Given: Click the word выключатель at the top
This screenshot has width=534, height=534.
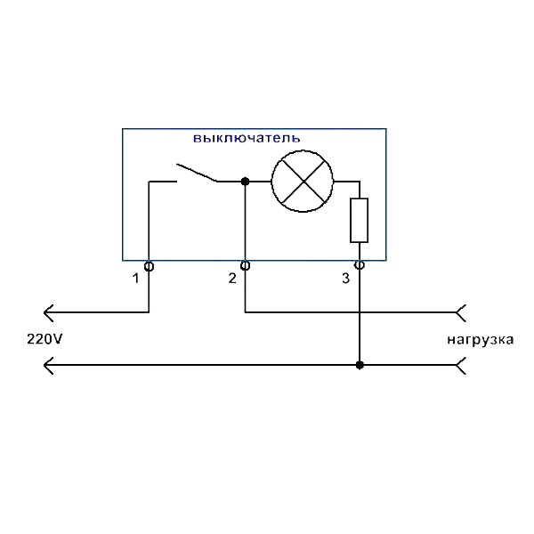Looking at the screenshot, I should click(247, 139).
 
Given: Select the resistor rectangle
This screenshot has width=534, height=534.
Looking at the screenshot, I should click(360, 221).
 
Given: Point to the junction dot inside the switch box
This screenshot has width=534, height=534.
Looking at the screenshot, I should click(246, 182).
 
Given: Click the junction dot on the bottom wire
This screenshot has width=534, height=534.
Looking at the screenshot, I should click(360, 365).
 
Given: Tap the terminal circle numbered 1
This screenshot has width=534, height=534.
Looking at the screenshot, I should click(149, 265).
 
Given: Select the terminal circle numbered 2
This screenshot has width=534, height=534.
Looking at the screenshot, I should click(246, 265).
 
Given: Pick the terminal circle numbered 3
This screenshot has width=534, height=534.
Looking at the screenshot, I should click(360, 265).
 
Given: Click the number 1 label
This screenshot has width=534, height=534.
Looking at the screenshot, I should click(135, 279).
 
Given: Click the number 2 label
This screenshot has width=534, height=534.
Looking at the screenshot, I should click(232, 279).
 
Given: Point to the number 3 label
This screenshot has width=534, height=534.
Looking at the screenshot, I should click(346, 279).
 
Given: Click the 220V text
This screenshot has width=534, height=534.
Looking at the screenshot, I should click(45, 339).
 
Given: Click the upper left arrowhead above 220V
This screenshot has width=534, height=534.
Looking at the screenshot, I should click(50, 311).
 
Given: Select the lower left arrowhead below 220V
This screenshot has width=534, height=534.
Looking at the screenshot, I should click(50, 365).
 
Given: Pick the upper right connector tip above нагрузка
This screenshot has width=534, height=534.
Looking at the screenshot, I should click(460, 311).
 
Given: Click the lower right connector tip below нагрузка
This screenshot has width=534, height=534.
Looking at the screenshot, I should click(460, 365).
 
